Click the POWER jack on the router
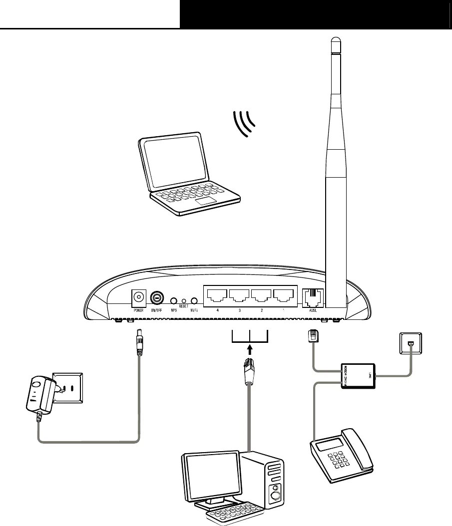pyautogui.click(x=138, y=298)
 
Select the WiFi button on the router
pyautogui.click(x=194, y=301)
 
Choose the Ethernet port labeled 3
pyautogui.click(x=239, y=296)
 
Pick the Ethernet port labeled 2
pyautogui.click(x=262, y=296)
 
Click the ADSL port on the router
pyautogui.click(x=313, y=297)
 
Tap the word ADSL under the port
pyautogui.click(x=313, y=311)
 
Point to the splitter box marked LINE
pyautogui.click(x=357, y=376)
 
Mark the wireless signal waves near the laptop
pyautogui.click(x=245, y=123)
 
